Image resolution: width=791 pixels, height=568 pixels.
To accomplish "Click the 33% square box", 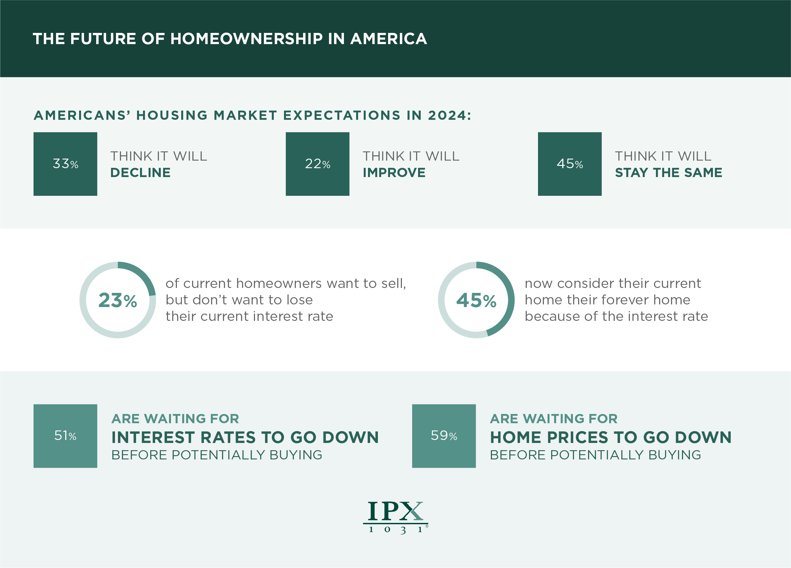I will (65, 164).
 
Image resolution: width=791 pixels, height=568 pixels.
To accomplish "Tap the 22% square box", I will (317, 164).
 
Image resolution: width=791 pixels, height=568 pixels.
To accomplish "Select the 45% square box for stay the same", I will (570, 164).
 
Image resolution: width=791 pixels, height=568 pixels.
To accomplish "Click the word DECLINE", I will (140, 173).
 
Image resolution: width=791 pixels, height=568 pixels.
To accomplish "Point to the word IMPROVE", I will (394, 173).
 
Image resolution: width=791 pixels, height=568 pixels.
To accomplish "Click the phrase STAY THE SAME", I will (668, 173).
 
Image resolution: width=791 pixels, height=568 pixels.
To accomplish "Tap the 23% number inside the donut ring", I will (118, 300).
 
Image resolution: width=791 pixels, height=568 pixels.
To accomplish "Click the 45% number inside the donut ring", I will (476, 300).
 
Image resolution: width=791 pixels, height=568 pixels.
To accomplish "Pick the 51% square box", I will (65, 436).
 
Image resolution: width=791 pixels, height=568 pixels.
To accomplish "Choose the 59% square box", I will (444, 436).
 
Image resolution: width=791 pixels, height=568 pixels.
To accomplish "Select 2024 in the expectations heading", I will (449, 115).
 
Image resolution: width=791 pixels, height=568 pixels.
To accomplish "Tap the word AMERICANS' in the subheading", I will (82, 115).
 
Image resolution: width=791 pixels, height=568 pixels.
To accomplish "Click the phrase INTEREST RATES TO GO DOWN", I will (245, 438).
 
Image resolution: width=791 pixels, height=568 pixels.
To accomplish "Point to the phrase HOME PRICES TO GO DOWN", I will (611, 438).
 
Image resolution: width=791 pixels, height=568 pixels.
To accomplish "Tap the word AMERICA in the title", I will (388, 39).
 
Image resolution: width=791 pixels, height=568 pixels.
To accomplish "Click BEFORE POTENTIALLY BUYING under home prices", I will (595, 455).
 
